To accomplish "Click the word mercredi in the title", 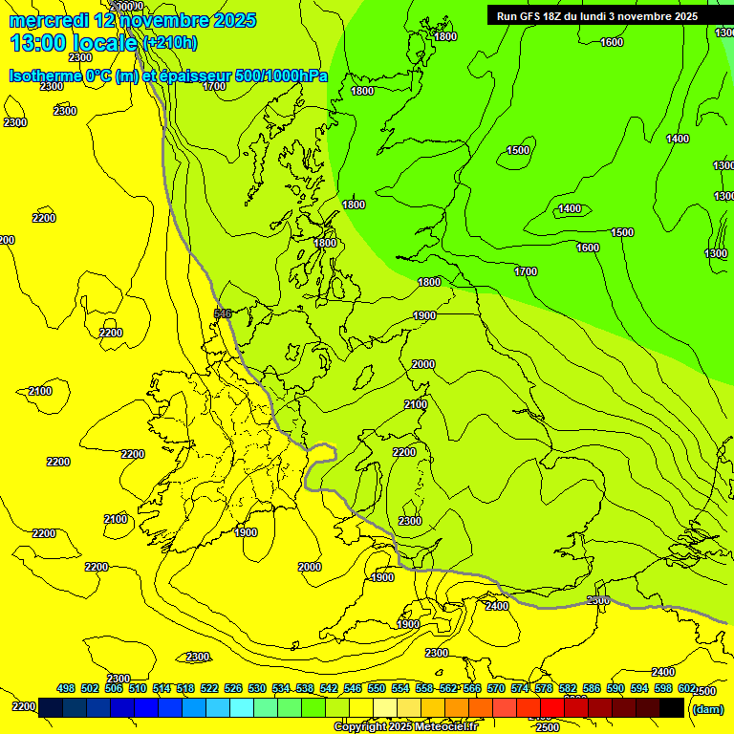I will pos(48,20).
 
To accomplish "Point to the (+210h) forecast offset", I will pos(169,43).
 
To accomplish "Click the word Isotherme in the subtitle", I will pos(45,76).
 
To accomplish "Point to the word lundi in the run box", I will pos(607,16).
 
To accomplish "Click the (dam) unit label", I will pos(707,708).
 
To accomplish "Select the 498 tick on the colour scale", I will pos(66,689).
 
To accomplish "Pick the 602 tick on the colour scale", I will pos(687,689).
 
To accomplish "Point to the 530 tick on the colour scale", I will pos(257,689).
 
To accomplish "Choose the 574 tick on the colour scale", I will pos(520,689).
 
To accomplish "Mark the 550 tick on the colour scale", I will pos(377,689).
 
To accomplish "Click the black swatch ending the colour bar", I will pos(672,707).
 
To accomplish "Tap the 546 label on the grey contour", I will pos(223,313).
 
